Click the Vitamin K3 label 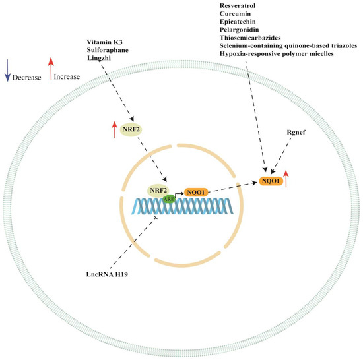[106, 44]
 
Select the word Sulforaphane [109, 53]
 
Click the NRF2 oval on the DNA [157, 191]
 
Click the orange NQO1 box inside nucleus [196, 191]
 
